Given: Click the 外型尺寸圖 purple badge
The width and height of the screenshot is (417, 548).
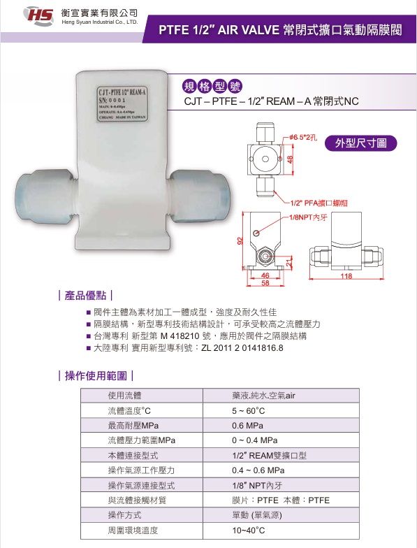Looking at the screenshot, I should tap(365, 143).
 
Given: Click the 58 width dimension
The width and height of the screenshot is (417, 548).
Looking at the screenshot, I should tap(265, 283).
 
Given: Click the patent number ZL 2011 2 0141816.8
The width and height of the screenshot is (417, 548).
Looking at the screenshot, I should tap(242, 347).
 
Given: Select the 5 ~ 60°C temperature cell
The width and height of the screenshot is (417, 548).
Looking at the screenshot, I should tap(249, 410).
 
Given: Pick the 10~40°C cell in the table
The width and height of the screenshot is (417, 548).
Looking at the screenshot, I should tap(248, 531).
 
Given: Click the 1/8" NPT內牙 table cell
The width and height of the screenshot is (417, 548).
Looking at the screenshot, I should tap(256, 485).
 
